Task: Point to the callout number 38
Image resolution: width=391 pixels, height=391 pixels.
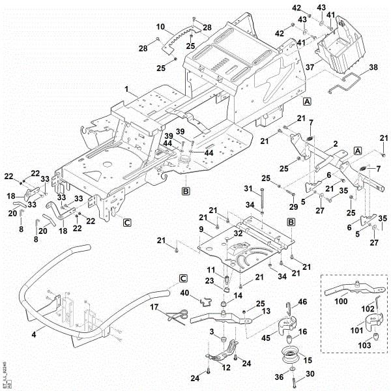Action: tap(373, 67)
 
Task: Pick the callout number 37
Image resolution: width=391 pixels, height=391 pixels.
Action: tap(310, 67)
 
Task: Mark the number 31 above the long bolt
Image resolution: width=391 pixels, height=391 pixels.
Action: tap(248, 188)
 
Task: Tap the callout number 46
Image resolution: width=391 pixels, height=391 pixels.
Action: tap(302, 302)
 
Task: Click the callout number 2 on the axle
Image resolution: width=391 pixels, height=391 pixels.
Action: tap(335, 143)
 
